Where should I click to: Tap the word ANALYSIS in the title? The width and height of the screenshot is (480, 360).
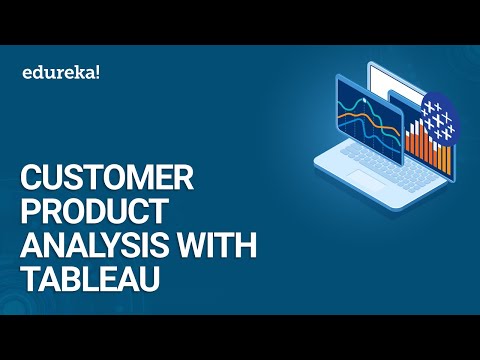point(91,243)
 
